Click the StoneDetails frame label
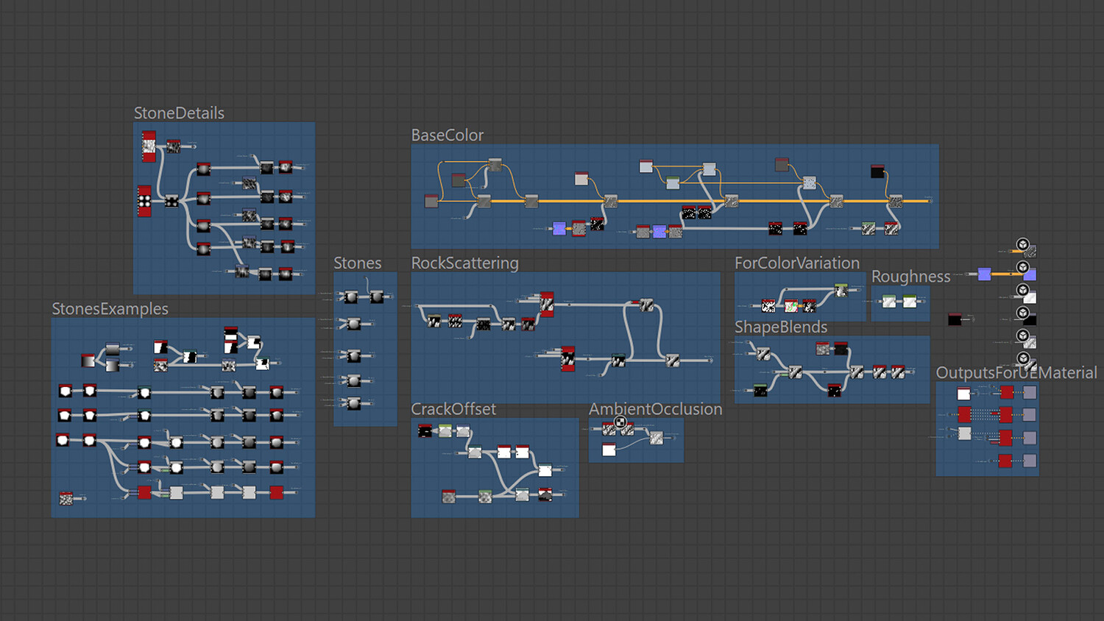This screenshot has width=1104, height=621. point(179,113)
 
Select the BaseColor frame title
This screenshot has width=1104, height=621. point(447,135)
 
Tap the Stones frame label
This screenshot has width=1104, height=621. point(358,263)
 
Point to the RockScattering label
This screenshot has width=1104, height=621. point(465,263)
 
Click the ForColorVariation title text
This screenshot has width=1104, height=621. point(797,263)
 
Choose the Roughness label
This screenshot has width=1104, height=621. point(911,277)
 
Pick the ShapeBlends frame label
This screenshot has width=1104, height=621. point(781,327)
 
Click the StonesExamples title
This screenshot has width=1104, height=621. point(110,309)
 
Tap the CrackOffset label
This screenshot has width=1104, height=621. point(453,409)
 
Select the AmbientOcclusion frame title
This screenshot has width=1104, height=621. point(656,409)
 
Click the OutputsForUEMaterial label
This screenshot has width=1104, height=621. point(1016,373)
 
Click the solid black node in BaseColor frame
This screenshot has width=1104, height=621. point(877,171)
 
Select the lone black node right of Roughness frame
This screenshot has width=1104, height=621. point(955,319)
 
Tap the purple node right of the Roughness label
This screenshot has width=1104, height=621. point(984,274)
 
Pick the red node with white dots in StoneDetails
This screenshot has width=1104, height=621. point(144,201)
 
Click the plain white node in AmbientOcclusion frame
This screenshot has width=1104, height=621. point(609,450)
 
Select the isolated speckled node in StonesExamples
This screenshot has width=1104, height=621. point(66,499)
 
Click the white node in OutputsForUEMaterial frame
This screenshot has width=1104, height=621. point(963,394)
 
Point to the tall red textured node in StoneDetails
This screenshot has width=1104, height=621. point(149,146)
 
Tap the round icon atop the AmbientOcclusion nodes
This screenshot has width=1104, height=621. point(620,422)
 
